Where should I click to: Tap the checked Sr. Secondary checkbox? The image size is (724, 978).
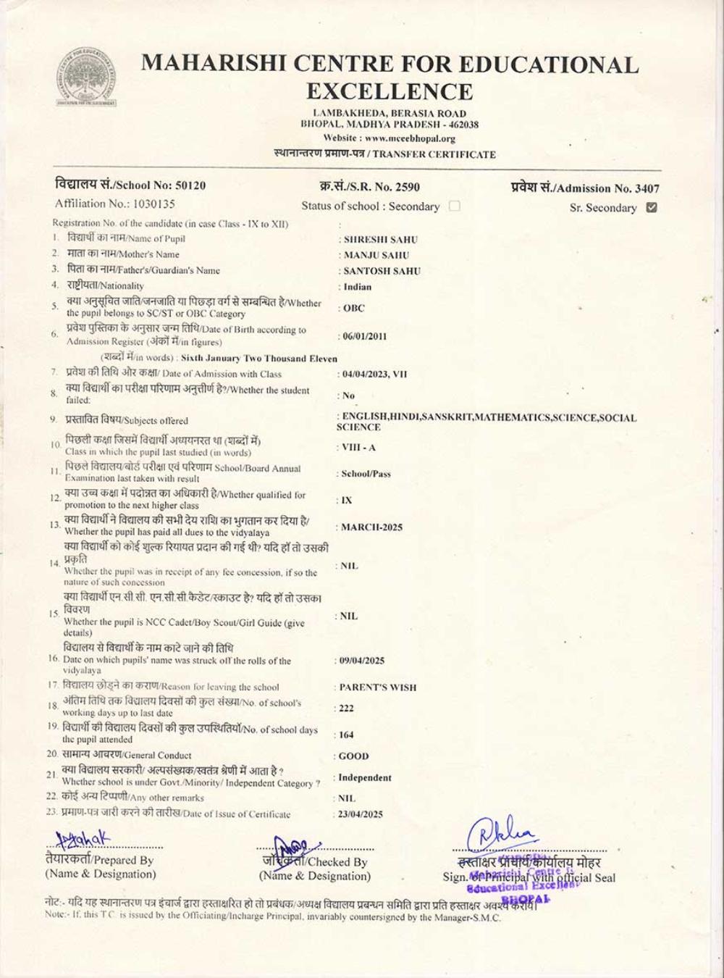652,207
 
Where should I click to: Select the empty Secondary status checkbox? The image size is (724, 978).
455,206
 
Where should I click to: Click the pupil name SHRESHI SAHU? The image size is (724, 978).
381,239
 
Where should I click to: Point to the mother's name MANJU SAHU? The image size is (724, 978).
376,255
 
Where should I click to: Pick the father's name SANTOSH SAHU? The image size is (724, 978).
382,271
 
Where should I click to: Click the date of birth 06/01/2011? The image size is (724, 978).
365,336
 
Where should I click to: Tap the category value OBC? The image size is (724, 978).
354,308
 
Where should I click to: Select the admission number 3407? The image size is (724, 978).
647,188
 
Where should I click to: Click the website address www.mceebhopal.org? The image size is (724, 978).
410,138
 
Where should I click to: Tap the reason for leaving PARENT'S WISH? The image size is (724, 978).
378,687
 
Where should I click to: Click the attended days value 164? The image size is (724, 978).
347,735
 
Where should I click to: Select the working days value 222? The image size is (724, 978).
347,709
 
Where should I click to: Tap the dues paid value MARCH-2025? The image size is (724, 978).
371,527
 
